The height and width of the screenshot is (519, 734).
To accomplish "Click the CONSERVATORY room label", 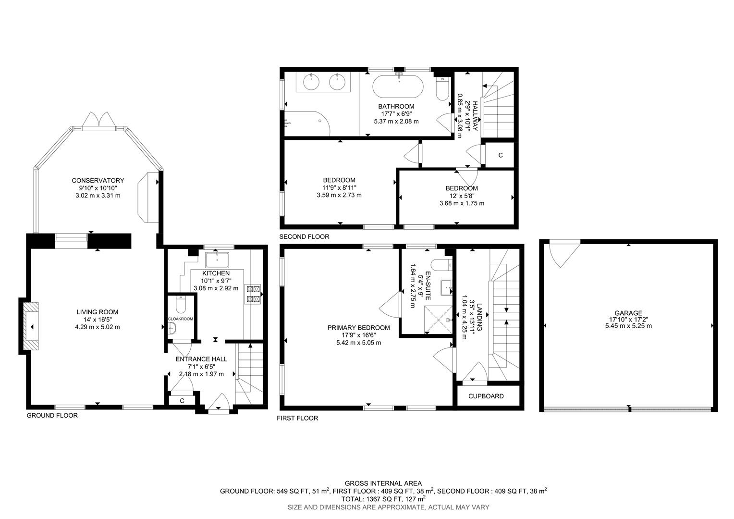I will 98,181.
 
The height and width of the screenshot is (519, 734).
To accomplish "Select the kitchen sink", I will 217,259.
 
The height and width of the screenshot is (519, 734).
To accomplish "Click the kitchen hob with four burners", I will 253,294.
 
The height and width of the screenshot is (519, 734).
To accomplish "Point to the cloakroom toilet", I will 181,306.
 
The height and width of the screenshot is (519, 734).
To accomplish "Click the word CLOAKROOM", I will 180,319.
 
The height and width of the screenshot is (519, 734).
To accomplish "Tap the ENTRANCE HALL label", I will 201,359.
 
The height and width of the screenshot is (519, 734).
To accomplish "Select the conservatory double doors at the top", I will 98,120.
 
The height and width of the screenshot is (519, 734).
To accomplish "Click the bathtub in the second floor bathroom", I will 398,87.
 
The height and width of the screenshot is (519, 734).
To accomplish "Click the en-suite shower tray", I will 439,319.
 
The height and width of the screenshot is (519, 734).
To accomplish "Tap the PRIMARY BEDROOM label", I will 358,328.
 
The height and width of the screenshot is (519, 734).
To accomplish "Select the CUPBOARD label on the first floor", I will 486,396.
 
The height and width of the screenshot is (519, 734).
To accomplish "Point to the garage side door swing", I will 560,253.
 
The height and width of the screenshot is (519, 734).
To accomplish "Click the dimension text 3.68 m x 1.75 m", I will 462,203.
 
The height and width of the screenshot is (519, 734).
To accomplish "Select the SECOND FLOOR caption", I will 305,237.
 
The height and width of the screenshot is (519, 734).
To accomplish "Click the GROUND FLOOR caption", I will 52,416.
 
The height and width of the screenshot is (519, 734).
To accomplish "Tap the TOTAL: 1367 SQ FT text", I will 366,499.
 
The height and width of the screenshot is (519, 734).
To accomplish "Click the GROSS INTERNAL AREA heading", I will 383,483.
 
